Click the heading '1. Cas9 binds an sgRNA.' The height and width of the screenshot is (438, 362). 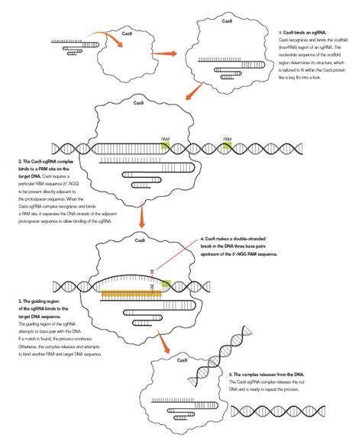(x=302, y=31)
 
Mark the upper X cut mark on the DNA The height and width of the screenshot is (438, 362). (x=152, y=272)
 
